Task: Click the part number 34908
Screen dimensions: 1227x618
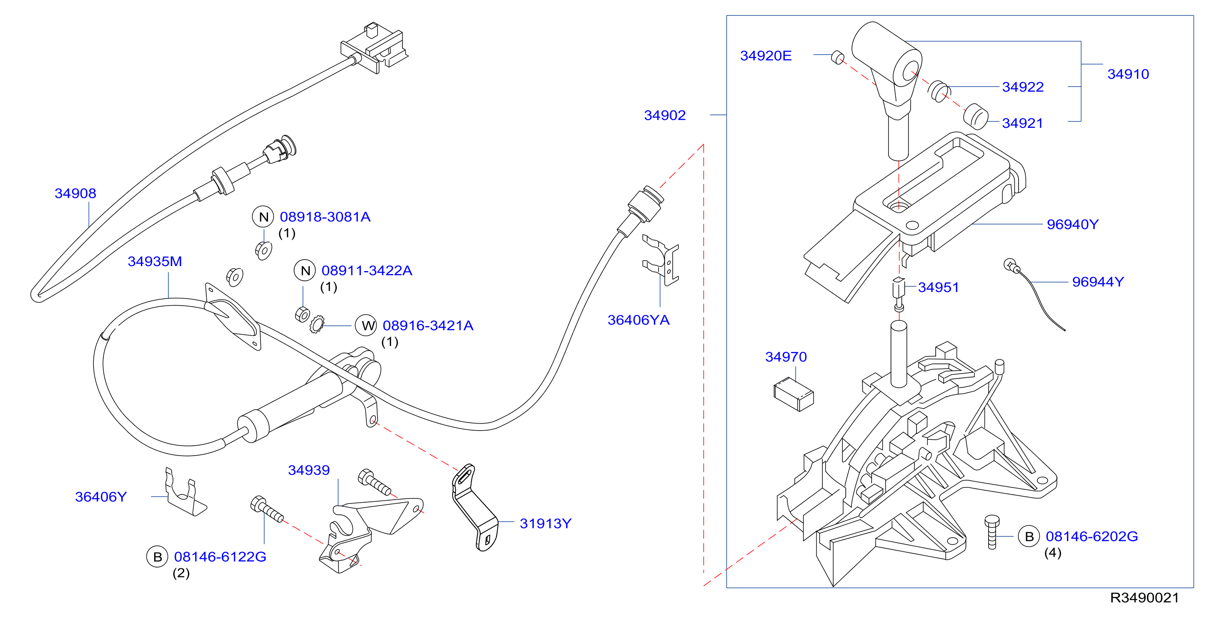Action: pyautogui.click(x=75, y=193)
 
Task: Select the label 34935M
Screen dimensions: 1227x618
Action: pyautogui.click(x=155, y=262)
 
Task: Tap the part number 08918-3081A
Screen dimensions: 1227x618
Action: pyautogui.click(x=325, y=217)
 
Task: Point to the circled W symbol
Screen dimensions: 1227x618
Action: pyautogui.click(x=366, y=325)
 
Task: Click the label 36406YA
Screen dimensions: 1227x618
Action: pyautogui.click(x=638, y=320)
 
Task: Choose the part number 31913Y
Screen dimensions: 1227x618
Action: pyautogui.click(x=546, y=524)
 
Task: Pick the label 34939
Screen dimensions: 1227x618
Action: pyautogui.click(x=309, y=471)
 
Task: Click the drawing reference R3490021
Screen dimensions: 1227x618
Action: pyautogui.click(x=1144, y=598)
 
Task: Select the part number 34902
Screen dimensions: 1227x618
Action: pyautogui.click(x=665, y=115)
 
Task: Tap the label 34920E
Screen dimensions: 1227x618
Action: pyautogui.click(x=766, y=56)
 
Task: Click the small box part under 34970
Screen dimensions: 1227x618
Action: pyautogui.click(x=794, y=395)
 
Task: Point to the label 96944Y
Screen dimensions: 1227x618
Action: pyautogui.click(x=1098, y=282)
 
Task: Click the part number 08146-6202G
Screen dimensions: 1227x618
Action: pyautogui.click(x=1092, y=536)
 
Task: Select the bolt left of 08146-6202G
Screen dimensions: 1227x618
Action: pyautogui.click(x=992, y=532)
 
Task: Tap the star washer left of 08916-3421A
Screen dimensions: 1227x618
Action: pyautogui.click(x=317, y=324)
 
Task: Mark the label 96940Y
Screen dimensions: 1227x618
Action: pyautogui.click(x=1073, y=224)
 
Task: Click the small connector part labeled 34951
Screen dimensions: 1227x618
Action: pyautogui.click(x=898, y=294)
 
